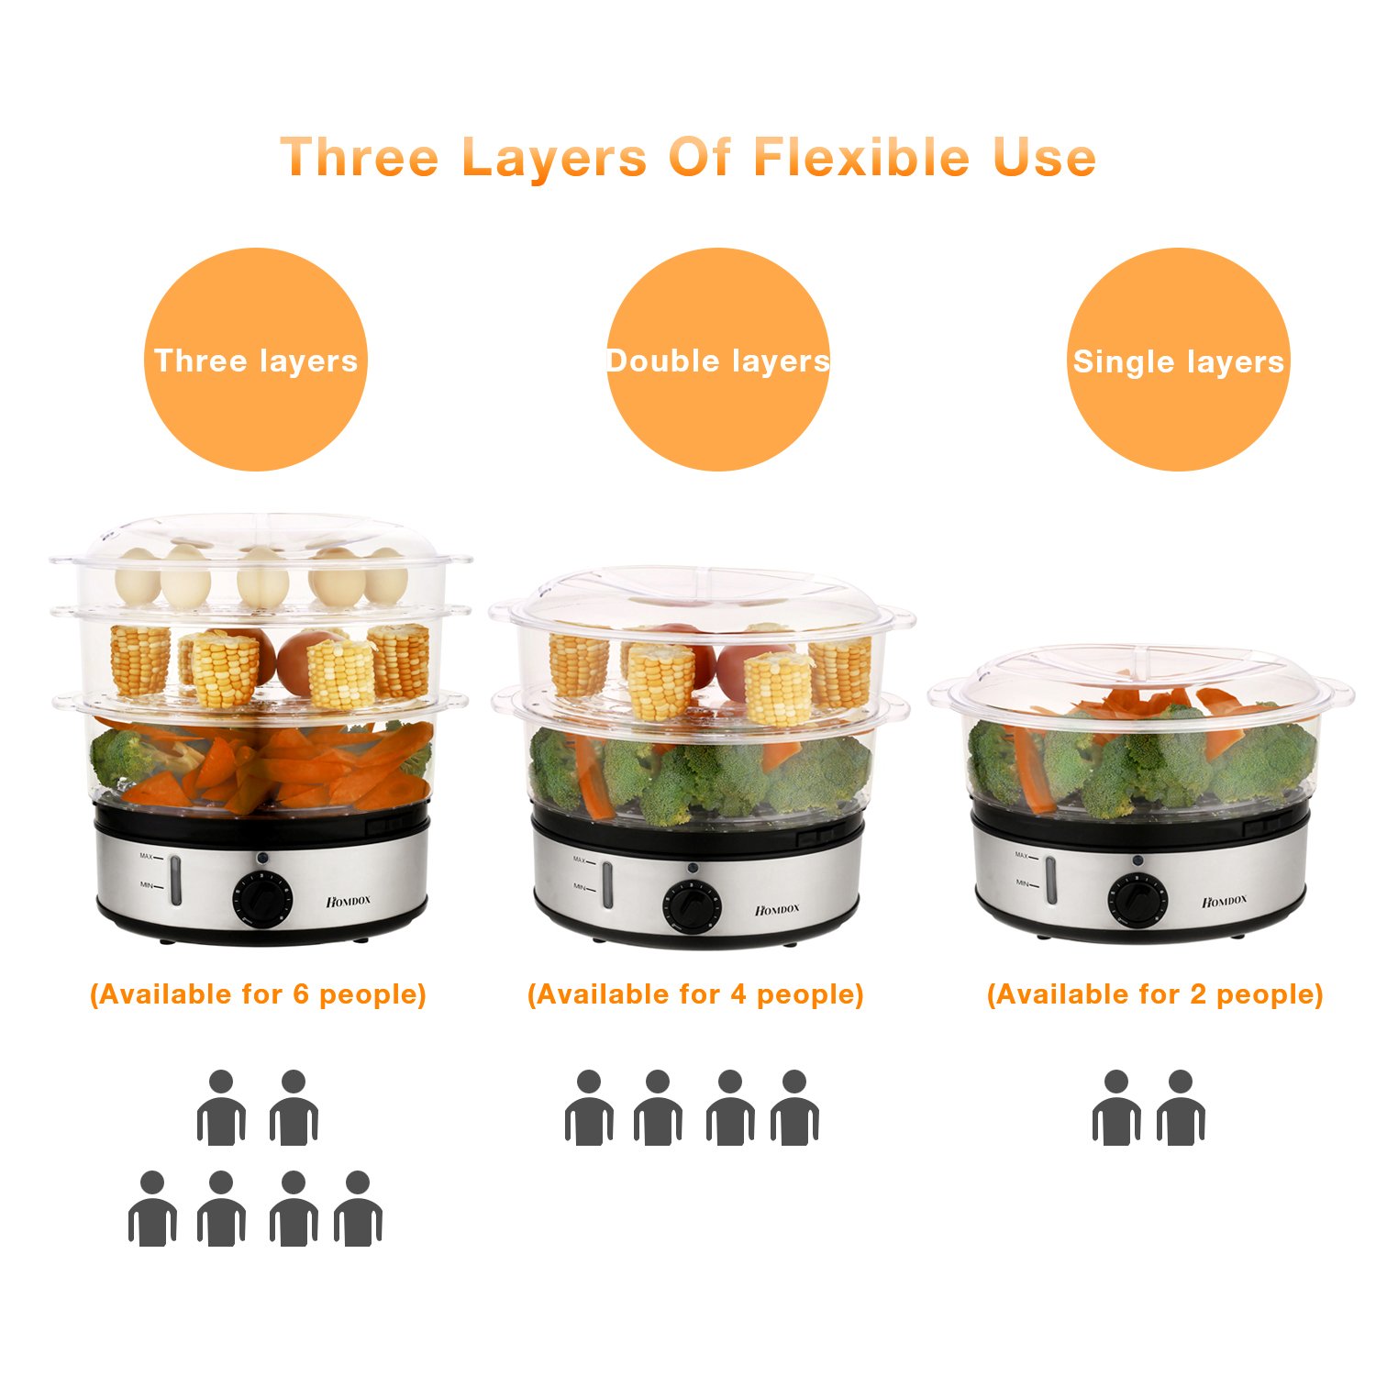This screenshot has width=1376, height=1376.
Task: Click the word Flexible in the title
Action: click(861, 157)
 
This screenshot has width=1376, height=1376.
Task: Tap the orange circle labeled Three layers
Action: click(256, 360)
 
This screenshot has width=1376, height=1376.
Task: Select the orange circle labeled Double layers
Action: click(718, 360)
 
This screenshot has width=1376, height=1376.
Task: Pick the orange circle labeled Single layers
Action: click(1179, 360)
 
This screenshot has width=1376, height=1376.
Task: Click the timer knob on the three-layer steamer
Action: click(262, 897)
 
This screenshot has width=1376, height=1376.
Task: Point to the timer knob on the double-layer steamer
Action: click(693, 905)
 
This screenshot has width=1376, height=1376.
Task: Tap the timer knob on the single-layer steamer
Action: click(1137, 898)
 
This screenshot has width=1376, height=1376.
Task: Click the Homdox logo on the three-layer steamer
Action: click(349, 901)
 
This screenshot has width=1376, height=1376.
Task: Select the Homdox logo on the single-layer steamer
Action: click(1225, 901)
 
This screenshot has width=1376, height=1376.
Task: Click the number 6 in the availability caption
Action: click(301, 994)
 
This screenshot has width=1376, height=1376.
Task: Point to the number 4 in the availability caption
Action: click(738, 994)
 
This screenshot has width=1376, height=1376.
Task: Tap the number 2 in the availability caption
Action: click(1198, 994)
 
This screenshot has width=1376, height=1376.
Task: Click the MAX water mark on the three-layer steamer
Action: click(147, 857)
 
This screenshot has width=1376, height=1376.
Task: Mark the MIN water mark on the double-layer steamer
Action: click(580, 887)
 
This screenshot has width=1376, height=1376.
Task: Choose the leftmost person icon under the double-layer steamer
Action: click(589, 1108)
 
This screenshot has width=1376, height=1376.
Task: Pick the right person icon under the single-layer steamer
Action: click(1181, 1108)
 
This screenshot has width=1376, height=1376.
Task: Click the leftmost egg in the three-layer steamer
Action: click(138, 576)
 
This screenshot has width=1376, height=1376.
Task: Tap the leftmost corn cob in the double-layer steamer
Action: click(579, 665)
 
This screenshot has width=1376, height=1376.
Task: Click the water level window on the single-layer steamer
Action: click(1051, 879)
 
